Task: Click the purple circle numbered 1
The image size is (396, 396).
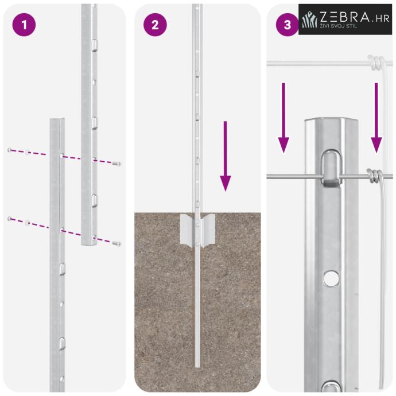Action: tap(24, 25)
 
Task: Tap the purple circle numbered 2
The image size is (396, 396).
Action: tap(155, 25)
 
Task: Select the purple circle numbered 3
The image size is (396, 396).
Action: tap(287, 25)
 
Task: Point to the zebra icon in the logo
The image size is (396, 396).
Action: tap(309, 19)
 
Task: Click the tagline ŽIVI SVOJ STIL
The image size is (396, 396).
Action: tap(339, 26)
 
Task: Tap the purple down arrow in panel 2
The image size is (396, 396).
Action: tap(226, 156)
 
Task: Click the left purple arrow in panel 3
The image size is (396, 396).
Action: tap(284, 118)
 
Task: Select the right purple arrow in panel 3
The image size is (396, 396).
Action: tap(376, 118)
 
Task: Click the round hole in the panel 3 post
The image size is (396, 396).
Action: tap(331, 278)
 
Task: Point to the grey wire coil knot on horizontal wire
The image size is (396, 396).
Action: tap(373, 176)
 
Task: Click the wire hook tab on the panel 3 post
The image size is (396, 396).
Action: tap(331, 169)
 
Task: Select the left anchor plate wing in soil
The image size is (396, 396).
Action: tap(186, 229)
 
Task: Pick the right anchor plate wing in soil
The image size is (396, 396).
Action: tap(208, 229)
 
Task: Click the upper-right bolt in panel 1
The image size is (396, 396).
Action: tap(116, 164)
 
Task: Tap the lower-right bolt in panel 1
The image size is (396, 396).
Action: tap(116, 243)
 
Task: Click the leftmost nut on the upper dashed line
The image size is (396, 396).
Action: tap(9, 150)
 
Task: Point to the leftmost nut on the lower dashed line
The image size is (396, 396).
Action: tap(9, 218)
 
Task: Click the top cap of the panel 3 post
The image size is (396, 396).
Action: tap(331, 121)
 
